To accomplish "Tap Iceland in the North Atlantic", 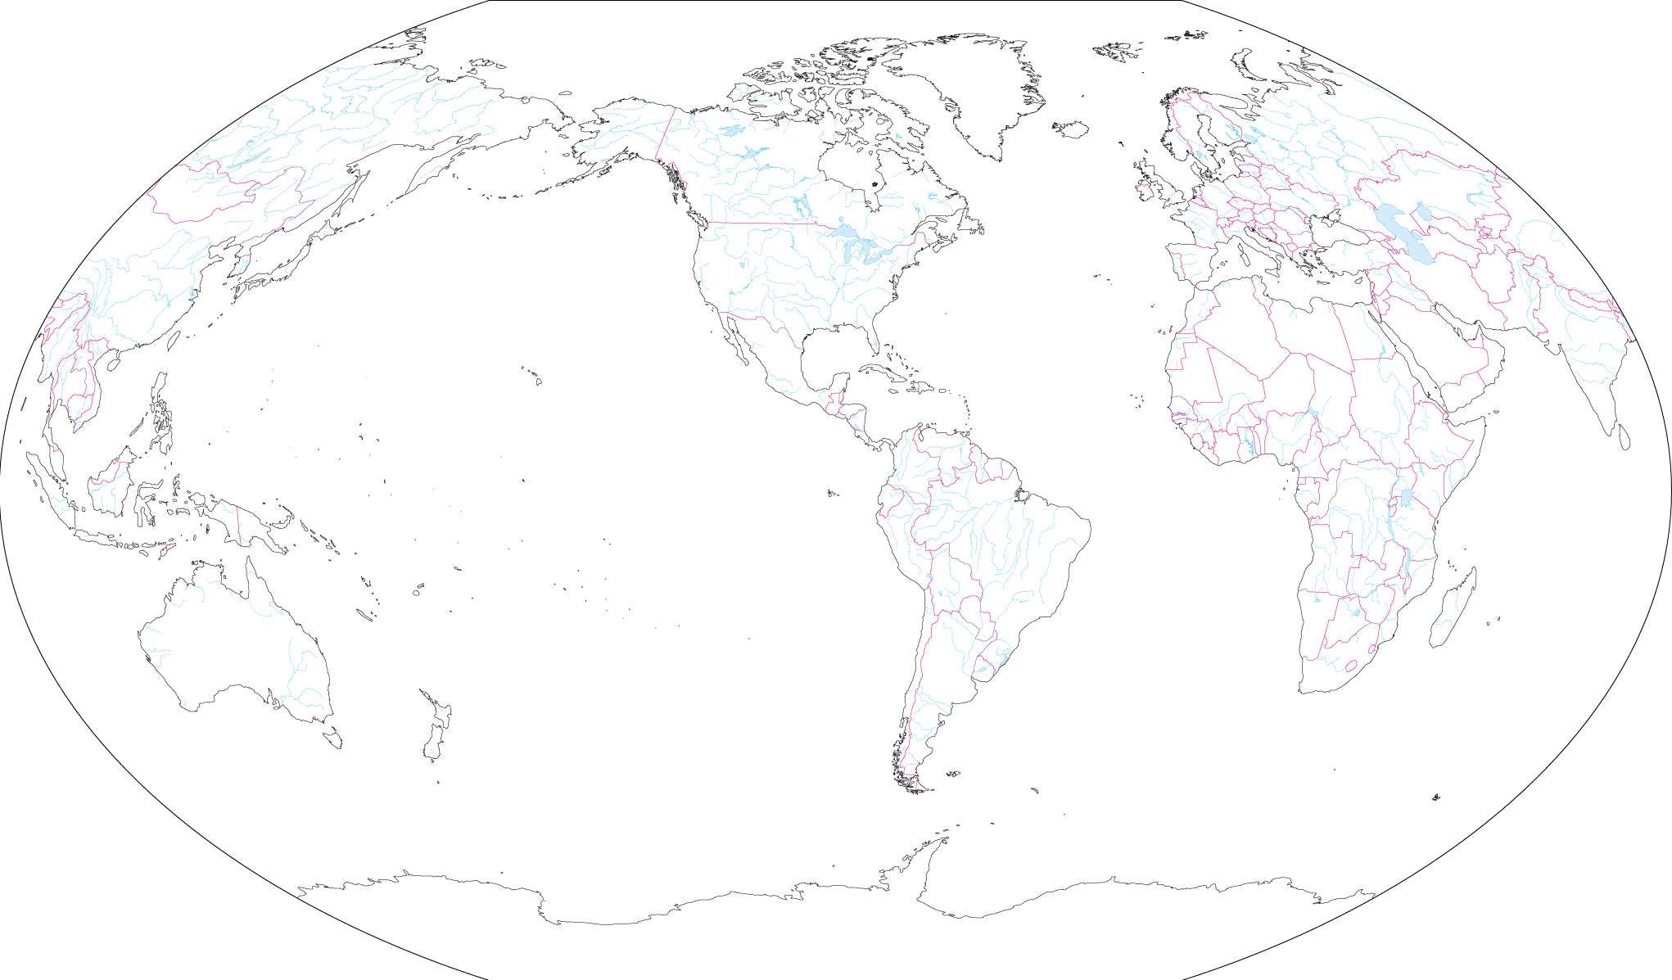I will pos(1071,129).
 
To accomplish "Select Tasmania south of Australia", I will pos(332,738).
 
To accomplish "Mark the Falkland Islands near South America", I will pos(952,774).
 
